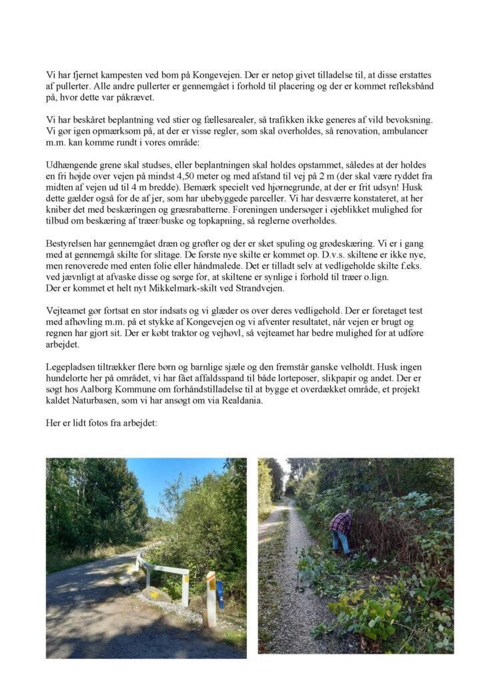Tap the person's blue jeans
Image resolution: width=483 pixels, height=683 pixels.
click(341, 542)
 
